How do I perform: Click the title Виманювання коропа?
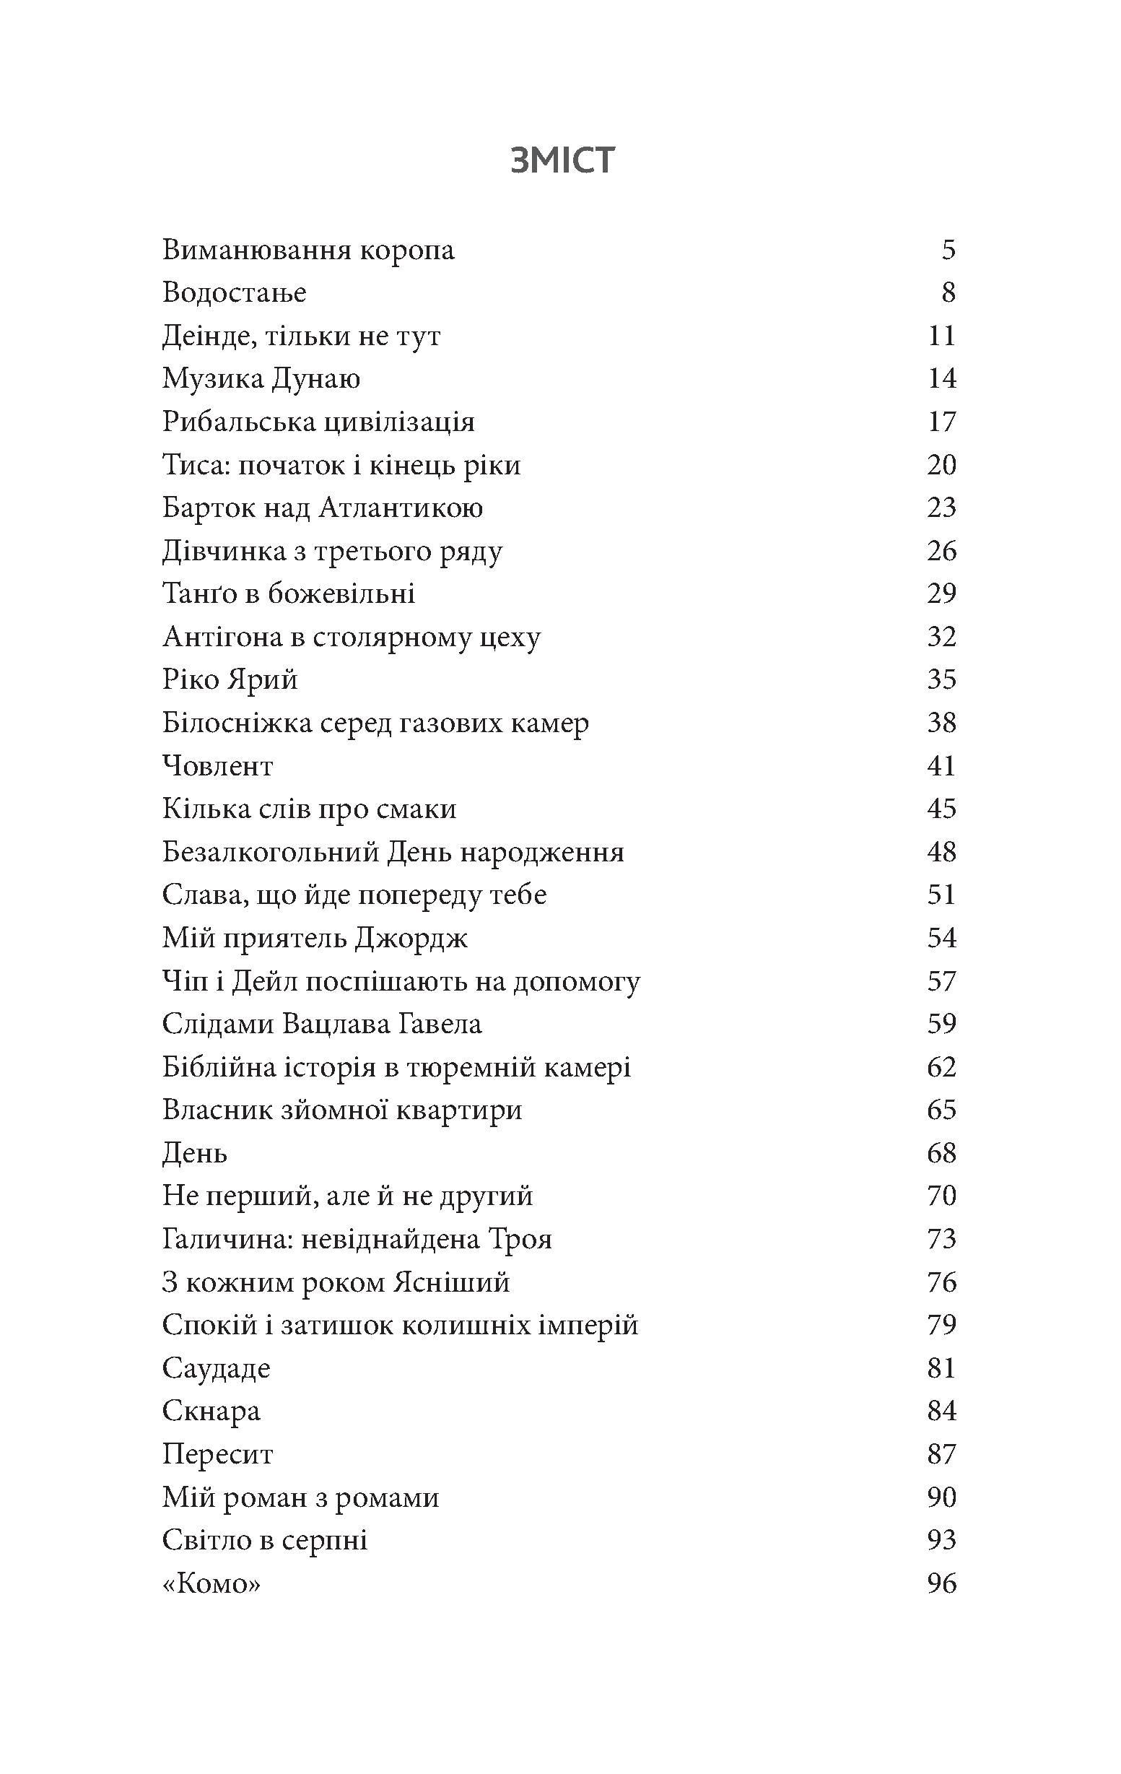(x=308, y=251)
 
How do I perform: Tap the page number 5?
(x=948, y=251)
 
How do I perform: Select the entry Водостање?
(x=234, y=293)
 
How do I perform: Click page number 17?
(x=941, y=422)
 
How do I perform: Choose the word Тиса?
(x=189, y=465)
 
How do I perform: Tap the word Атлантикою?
(x=401, y=508)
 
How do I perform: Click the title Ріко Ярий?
(x=230, y=679)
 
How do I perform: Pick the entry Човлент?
(x=217, y=766)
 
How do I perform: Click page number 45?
(x=941, y=809)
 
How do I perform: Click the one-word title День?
(x=194, y=1153)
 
